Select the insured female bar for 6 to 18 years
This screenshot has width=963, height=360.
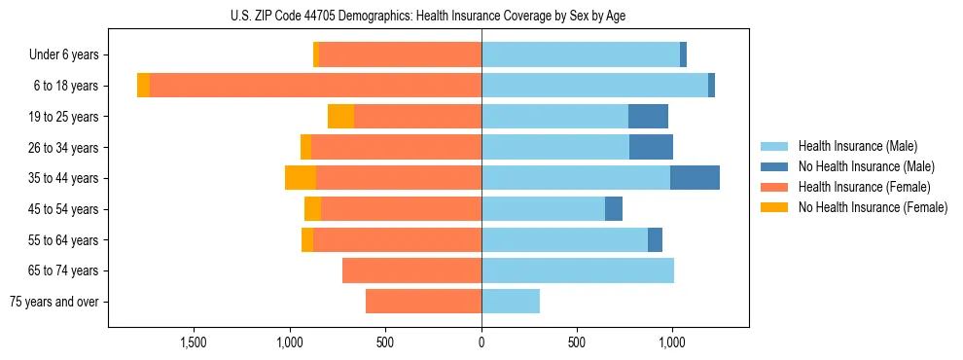click(315, 86)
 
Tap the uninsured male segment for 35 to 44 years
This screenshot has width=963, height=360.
click(695, 178)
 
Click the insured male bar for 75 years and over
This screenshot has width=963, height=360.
click(511, 302)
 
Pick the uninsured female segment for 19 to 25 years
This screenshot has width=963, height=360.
click(340, 117)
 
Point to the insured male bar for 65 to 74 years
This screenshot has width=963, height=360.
click(578, 270)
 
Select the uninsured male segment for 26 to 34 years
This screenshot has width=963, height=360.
click(651, 147)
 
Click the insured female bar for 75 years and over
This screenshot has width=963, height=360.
click(423, 302)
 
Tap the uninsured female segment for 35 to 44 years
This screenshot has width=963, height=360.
click(301, 178)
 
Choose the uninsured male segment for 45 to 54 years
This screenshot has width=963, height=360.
click(614, 209)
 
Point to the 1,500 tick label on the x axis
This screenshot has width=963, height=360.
click(194, 342)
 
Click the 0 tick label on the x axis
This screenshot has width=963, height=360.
click(481, 342)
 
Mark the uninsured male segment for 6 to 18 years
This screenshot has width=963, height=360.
click(711, 86)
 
